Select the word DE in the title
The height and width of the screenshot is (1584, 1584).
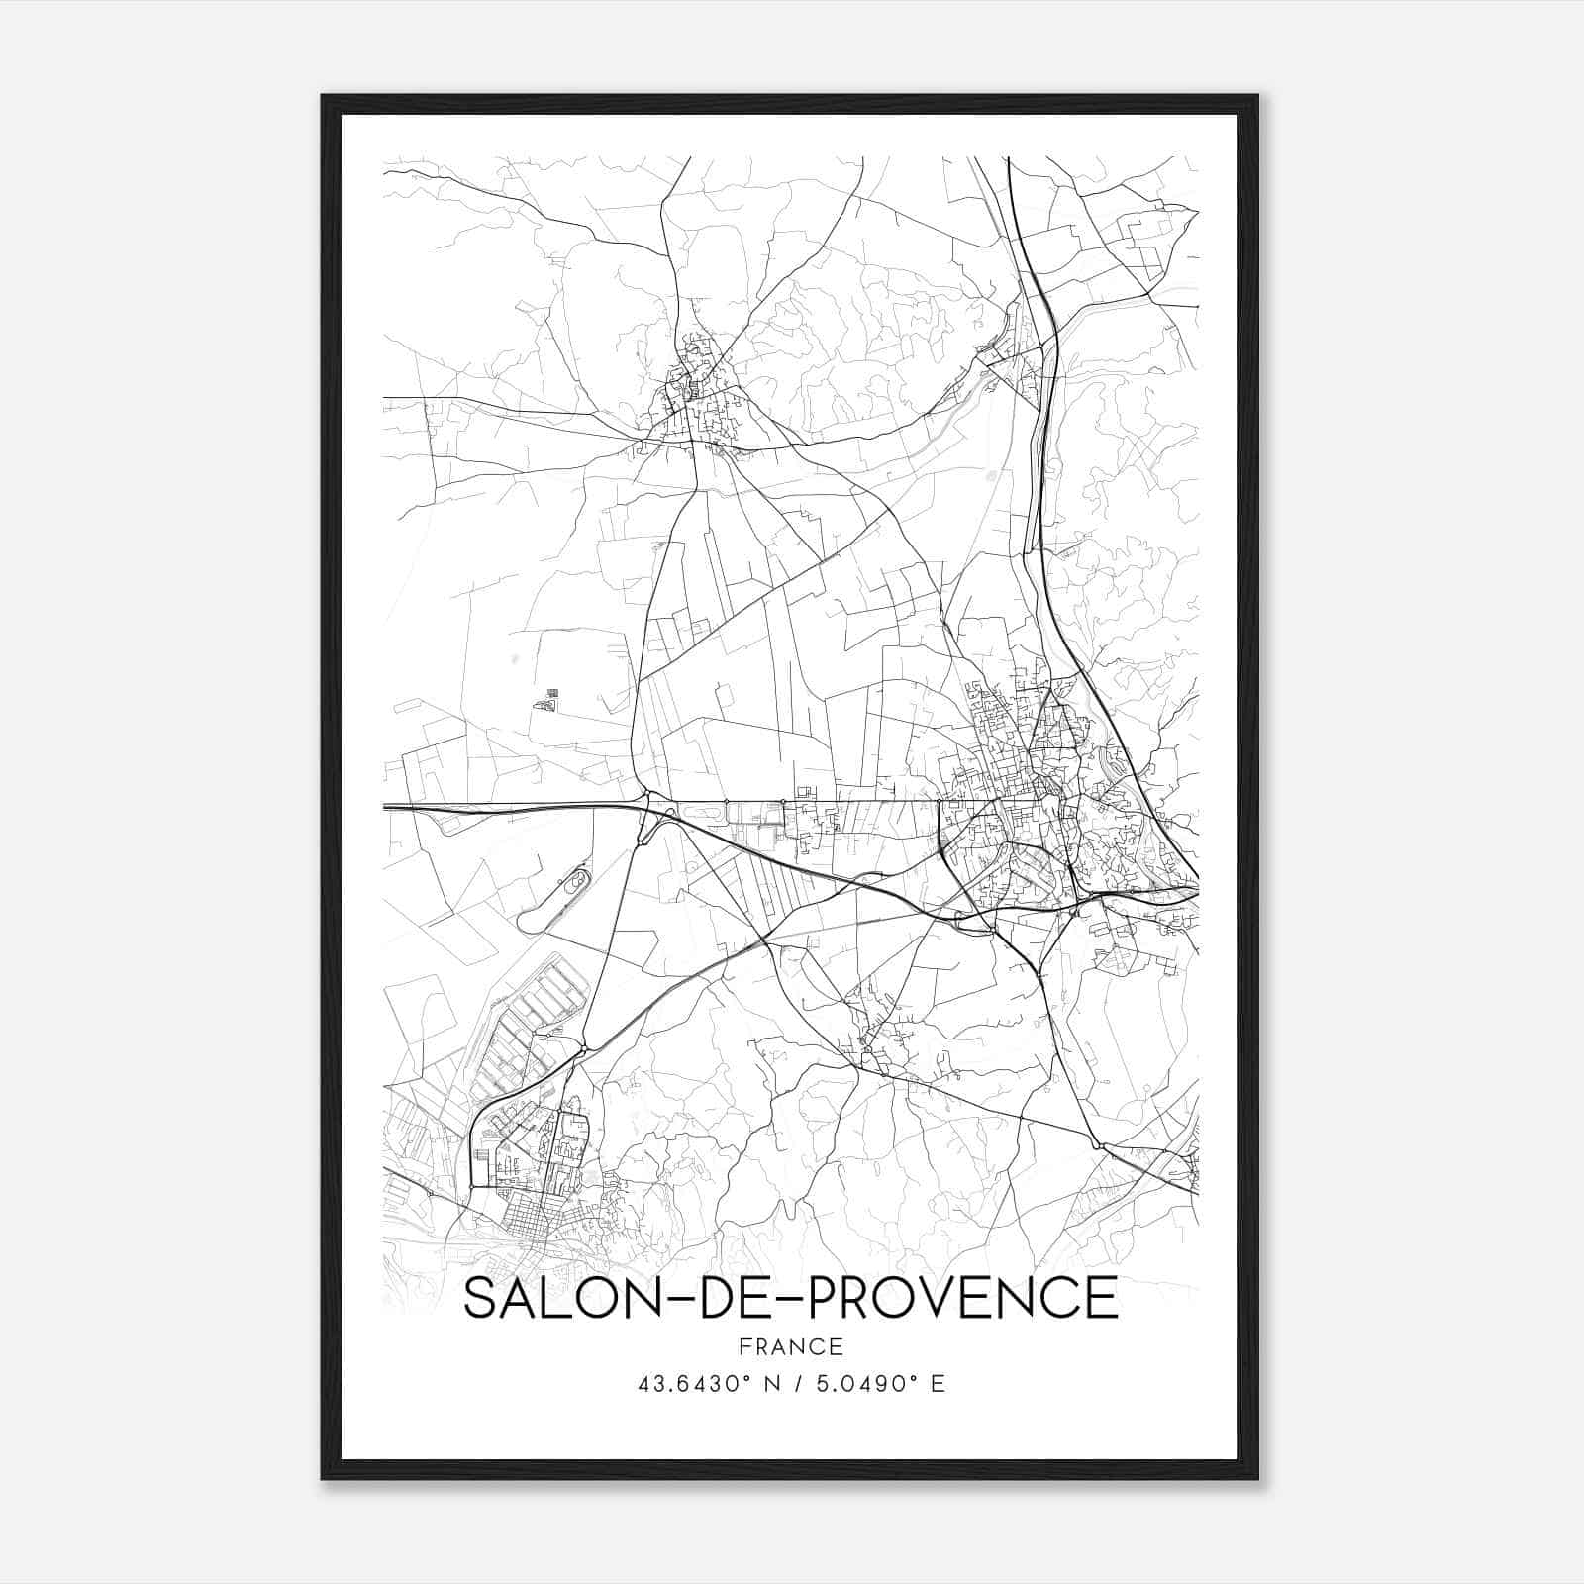[x=720, y=1298]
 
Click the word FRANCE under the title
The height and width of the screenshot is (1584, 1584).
[x=790, y=1346]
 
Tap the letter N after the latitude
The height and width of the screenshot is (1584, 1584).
[x=773, y=1384]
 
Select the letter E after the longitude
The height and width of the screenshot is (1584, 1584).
[x=938, y=1384]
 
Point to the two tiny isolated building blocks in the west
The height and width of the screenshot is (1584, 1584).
[x=546, y=700]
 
